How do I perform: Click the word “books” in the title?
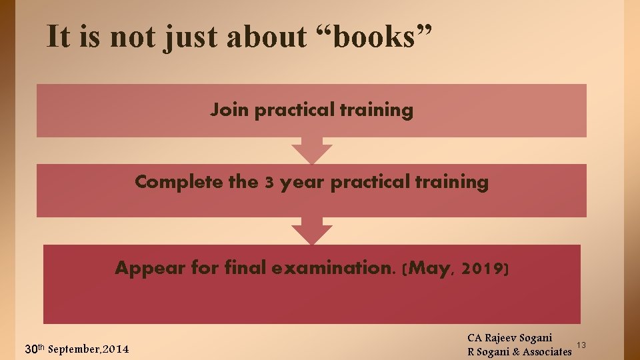[x=376, y=37]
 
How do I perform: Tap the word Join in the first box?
[x=230, y=110]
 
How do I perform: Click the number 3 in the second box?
[x=269, y=183]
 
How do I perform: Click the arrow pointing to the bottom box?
[x=311, y=231]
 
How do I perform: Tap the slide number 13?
[x=581, y=345]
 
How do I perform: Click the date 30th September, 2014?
[x=77, y=349]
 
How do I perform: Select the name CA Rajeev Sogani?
[x=510, y=339]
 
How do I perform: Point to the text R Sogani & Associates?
[x=520, y=351]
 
